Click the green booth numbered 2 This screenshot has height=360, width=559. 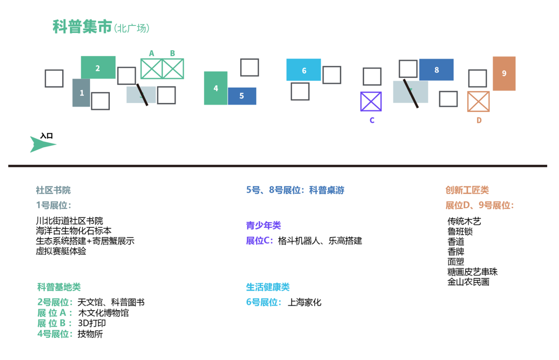point(98,68)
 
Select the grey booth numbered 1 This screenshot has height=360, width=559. point(81,93)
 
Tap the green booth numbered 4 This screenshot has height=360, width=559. point(216,88)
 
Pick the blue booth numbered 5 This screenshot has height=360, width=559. point(242,96)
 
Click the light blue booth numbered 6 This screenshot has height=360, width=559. point(304,70)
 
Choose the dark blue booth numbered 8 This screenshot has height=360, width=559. point(436,70)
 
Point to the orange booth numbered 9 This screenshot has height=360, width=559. point(504,74)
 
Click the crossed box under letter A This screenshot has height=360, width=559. point(152,69)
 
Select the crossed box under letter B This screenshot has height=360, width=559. point(173,69)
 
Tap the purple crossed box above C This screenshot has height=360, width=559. point(371,102)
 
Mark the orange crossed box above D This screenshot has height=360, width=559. point(478,102)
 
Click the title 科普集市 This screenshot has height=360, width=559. point(82,27)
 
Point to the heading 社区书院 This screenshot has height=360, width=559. point(53,191)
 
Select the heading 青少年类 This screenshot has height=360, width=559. point(263,225)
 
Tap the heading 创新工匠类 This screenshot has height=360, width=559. point(467,191)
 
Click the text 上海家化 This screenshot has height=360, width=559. point(304,303)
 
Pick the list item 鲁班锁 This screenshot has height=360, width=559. point(460,232)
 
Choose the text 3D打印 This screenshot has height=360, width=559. point(92,323)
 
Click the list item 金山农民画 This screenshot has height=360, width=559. point(468,282)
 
